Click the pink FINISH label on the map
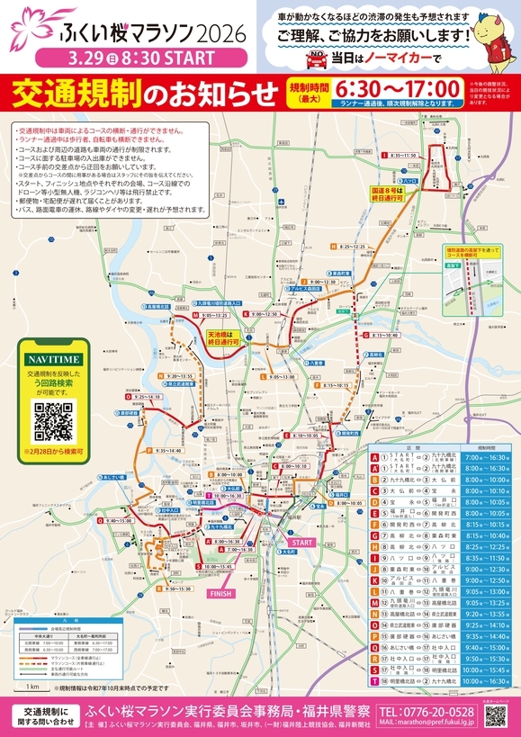(x=221, y=595)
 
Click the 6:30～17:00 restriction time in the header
(x=397, y=88)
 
